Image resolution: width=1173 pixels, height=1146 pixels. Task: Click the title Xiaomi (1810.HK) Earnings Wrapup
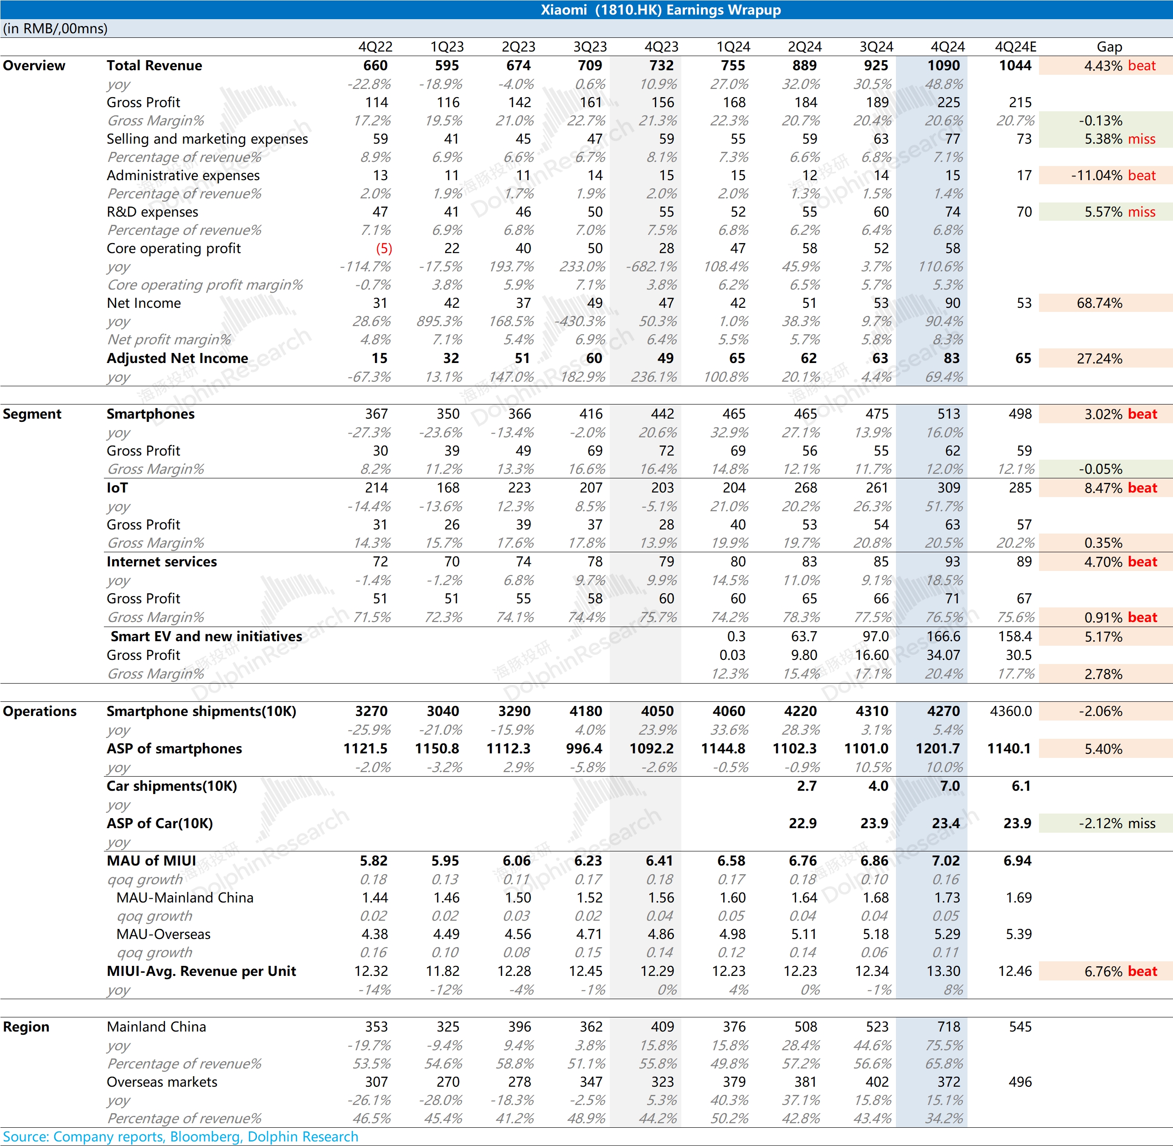coord(660,10)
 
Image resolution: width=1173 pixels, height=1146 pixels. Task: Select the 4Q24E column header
coord(1015,47)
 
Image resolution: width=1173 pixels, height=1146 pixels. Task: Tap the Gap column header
coord(1109,47)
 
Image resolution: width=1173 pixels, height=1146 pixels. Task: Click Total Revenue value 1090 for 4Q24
coord(943,66)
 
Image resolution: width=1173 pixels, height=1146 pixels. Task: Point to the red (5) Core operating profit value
coord(384,249)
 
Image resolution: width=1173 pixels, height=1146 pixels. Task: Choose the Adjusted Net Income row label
coord(177,358)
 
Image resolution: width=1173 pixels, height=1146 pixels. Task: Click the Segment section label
coord(32,414)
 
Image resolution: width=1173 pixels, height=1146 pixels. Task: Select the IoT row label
coord(117,487)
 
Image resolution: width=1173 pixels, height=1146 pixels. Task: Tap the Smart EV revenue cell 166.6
coord(943,636)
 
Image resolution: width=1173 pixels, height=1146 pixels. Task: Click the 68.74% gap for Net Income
coord(1099,303)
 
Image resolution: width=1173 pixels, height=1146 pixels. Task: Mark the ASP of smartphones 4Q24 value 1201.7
coord(938,749)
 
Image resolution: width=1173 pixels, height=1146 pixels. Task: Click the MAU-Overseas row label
coord(163,934)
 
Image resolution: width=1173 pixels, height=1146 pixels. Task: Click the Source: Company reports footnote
coord(180,1136)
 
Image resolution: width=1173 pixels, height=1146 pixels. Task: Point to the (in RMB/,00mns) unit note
coord(55,28)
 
